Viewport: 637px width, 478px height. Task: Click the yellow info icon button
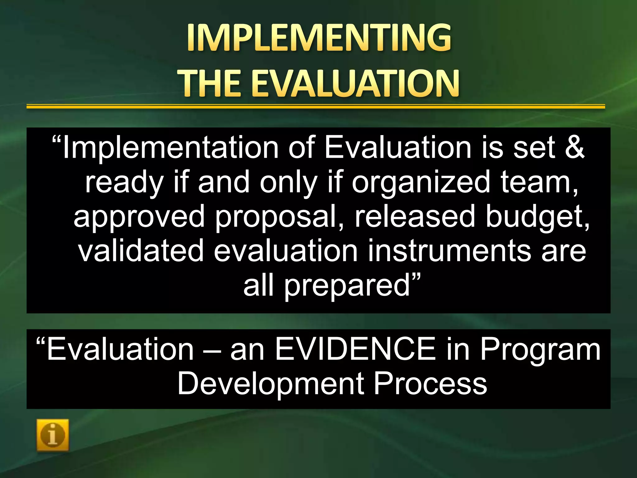(53, 435)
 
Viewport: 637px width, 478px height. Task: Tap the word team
(539, 182)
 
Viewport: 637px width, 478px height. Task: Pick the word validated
(141, 251)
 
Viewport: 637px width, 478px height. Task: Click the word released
(415, 217)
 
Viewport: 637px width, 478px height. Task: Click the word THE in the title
(211, 83)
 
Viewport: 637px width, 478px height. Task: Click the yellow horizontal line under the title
(315, 106)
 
